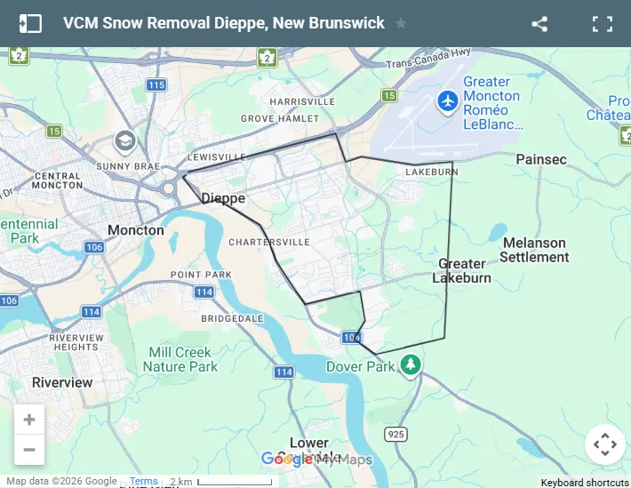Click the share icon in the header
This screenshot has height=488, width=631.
[x=539, y=24]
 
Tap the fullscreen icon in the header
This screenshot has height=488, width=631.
[x=603, y=24]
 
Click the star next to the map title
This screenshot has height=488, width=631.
[x=401, y=23]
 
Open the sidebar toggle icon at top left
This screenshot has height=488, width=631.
[x=30, y=24]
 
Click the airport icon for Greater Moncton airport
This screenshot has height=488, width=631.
[x=448, y=101]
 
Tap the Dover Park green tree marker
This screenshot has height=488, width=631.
[x=410, y=364]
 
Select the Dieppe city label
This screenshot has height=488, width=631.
[x=223, y=198]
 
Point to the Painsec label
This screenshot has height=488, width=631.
[x=541, y=159]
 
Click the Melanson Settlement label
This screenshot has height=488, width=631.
[x=534, y=250]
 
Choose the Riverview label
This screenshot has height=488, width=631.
[x=62, y=382]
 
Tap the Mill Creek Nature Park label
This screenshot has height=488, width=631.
[x=180, y=359]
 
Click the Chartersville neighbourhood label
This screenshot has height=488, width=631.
[x=269, y=242]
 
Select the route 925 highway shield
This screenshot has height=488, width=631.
[x=396, y=433]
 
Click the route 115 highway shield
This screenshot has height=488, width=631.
[x=156, y=85]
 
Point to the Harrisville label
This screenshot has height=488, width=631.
[x=302, y=101]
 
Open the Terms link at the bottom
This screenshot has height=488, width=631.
[x=143, y=482]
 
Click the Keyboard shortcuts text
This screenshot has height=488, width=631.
[x=585, y=483]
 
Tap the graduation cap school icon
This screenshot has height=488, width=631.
[x=124, y=141]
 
